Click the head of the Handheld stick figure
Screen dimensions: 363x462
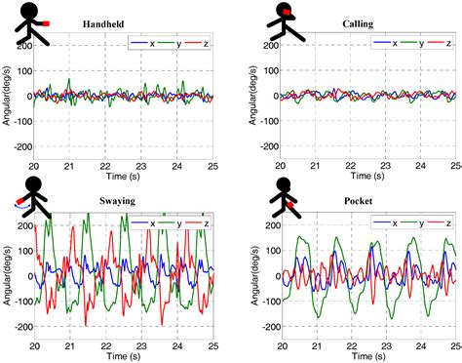[x=32, y=11]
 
